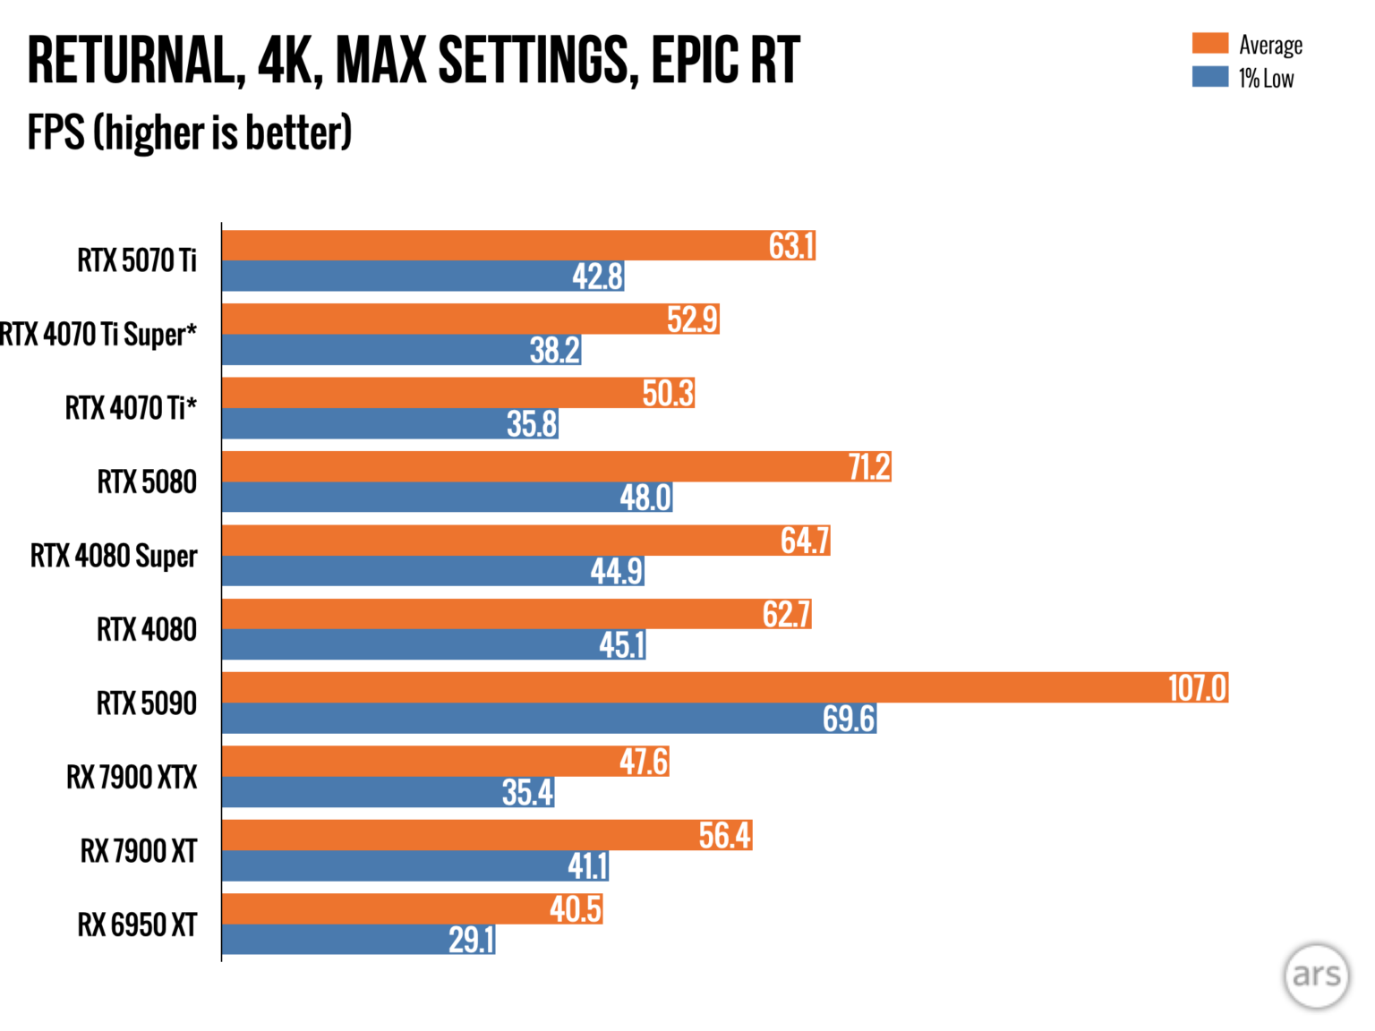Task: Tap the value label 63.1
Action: (x=791, y=246)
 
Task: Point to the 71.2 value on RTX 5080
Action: (x=868, y=467)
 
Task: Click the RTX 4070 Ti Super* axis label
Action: (x=98, y=335)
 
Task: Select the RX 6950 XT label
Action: (x=137, y=924)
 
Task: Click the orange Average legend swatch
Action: (x=1209, y=44)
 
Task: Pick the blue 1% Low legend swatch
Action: (x=1209, y=77)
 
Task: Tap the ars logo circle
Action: (x=1316, y=976)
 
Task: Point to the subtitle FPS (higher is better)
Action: (x=190, y=133)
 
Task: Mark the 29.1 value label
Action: (x=471, y=940)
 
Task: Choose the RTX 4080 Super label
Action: (x=114, y=556)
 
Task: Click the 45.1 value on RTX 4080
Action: (x=622, y=645)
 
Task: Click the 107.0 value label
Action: (x=1197, y=688)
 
